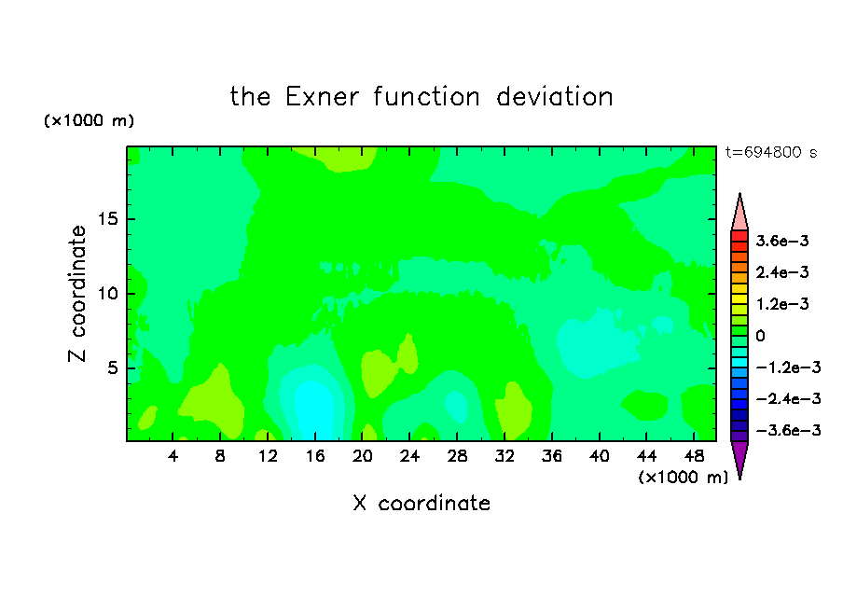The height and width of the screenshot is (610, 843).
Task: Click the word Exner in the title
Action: tap(322, 97)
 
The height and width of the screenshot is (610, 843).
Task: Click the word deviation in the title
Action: tap(554, 97)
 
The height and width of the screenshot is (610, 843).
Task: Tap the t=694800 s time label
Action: tap(771, 152)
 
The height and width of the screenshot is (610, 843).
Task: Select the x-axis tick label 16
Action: tap(315, 456)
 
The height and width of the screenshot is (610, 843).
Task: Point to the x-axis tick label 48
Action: tap(694, 456)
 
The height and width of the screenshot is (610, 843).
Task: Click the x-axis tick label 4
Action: tap(173, 456)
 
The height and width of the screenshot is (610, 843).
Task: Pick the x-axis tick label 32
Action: tap(504, 456)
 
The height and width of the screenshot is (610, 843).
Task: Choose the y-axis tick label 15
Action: tap(107, 219)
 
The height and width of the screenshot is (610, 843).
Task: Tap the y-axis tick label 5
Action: tap(112, 367)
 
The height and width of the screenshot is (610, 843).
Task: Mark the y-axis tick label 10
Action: tap(107, 294)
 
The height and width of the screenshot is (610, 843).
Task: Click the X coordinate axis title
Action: tap(421, 503)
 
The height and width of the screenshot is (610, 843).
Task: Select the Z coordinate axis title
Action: tap(77, 294)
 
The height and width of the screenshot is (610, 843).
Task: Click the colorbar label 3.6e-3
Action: tap(782, 241)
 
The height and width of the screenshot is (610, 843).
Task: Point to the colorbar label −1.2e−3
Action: tap(788, 367)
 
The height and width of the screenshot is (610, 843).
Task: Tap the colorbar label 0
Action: tap(760, 336)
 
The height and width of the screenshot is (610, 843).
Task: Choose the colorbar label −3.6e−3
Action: tap(788, 430)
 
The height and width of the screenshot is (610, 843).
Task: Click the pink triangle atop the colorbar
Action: tap(739, 215)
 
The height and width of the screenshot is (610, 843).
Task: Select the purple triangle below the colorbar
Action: tap(739, 457)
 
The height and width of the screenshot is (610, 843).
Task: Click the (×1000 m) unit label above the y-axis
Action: tap(89, 120)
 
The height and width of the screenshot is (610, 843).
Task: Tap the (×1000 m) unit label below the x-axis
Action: tap(683, 478)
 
